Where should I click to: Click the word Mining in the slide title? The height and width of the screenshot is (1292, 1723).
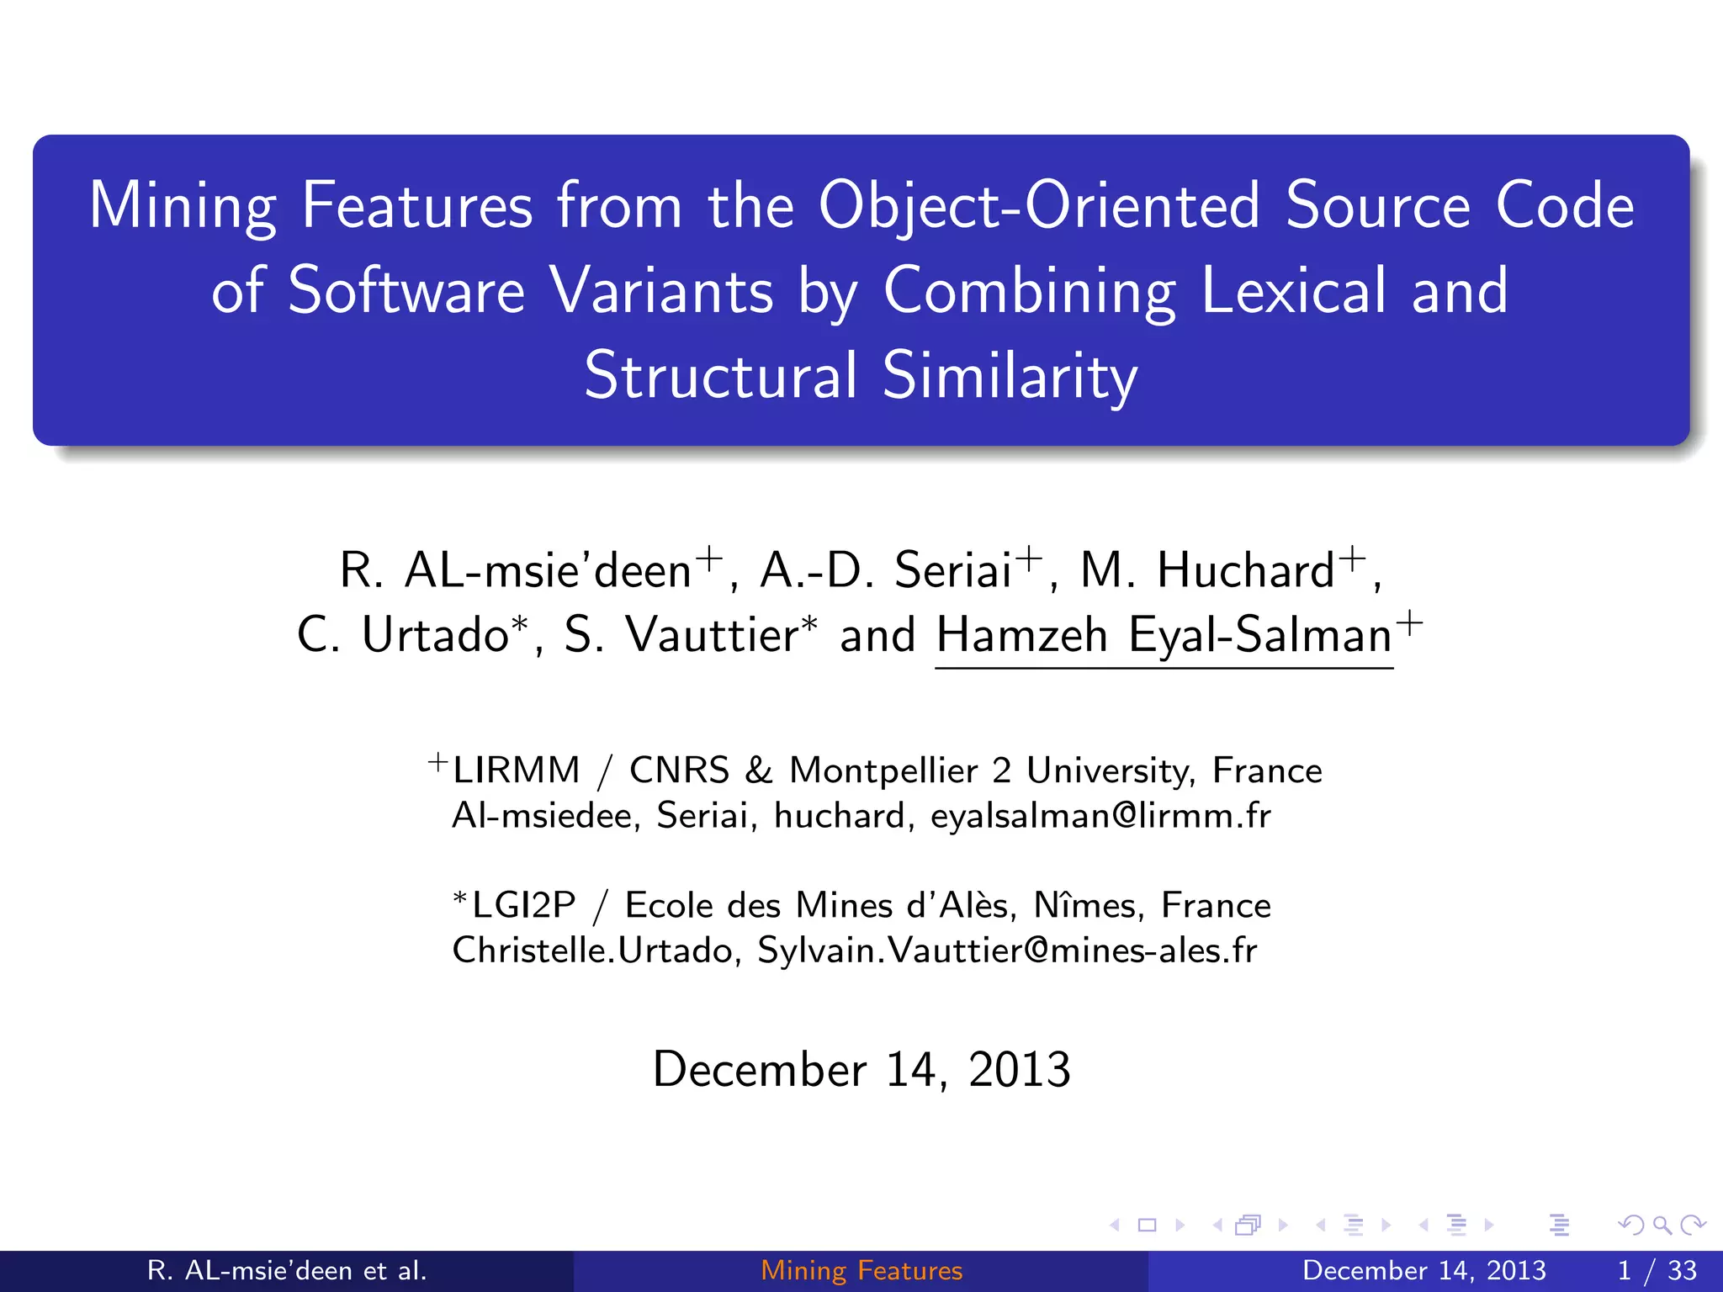point(182,207)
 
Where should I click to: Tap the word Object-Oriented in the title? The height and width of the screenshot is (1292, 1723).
point(1039,207)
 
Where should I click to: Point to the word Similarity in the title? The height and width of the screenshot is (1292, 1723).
point(1010,376)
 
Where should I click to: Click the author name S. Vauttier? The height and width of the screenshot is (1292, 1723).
point(680,635)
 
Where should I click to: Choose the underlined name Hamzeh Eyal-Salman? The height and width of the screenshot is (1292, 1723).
point(1164,635)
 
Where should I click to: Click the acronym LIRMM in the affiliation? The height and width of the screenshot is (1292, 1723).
point(516,770)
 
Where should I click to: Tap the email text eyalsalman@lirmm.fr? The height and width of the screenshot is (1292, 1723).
point(1100,816)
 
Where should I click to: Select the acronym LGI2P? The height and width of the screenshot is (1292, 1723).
point(523,906)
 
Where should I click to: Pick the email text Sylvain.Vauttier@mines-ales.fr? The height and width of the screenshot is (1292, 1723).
point(1007,951)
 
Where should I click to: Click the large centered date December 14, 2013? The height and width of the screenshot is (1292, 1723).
point(861,1070)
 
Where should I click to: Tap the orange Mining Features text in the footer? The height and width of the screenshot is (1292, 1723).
point(861,1270)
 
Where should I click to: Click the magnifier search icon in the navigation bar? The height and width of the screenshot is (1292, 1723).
point(1662,1226)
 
